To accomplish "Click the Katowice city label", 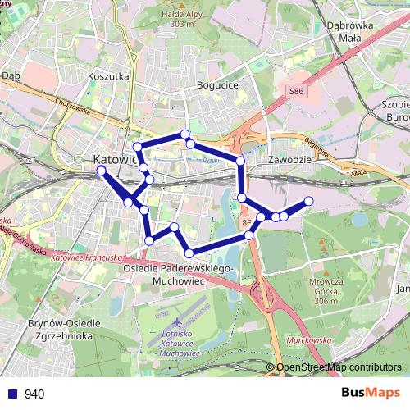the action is (x=114, y=159).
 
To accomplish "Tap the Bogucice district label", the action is (x=217, y=84).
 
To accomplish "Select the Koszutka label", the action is (x=108, y=75).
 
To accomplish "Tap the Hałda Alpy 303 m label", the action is (x=181, y=18).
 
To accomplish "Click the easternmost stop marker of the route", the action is (x=309, y=201).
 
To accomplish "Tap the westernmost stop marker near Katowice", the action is (x=101, y=171).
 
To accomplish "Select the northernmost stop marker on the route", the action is (x=185, y=134).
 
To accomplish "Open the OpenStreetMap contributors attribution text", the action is (x=339, y=367).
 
